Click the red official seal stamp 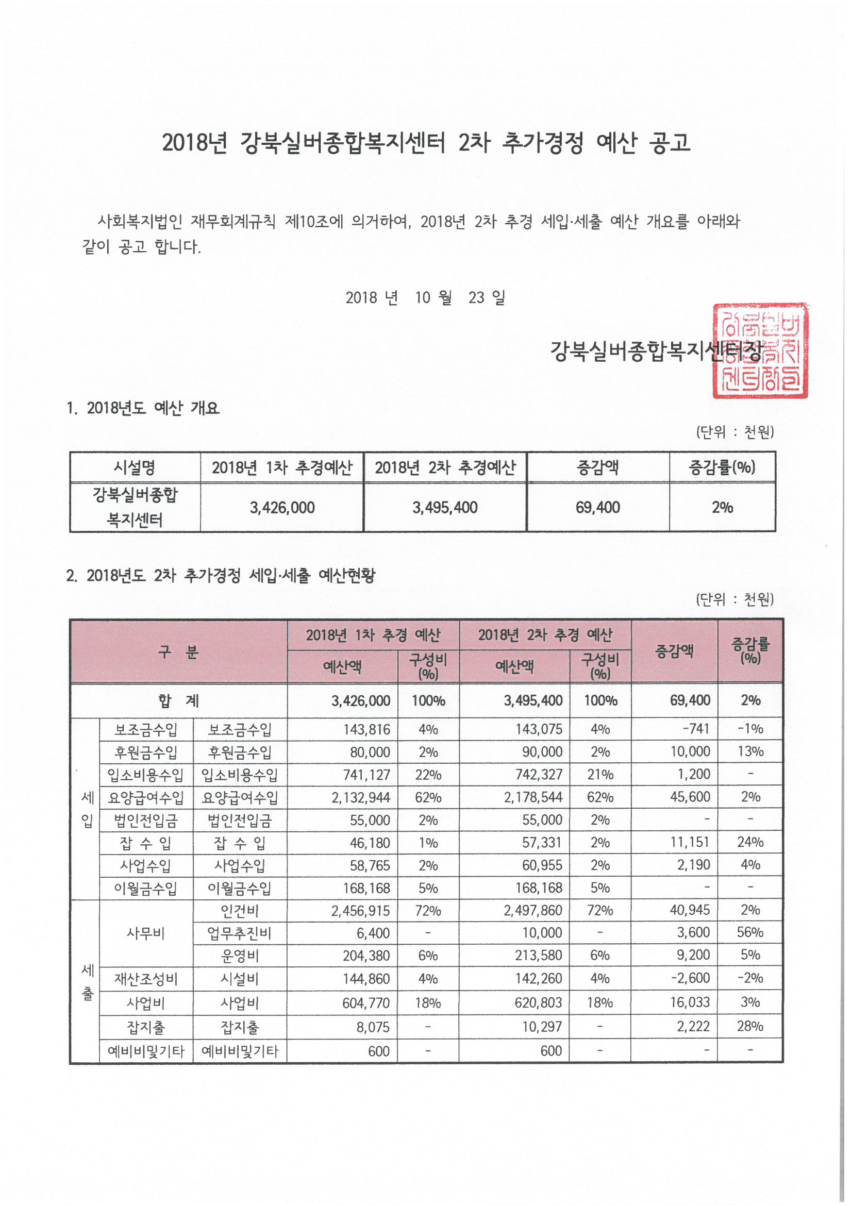point(760,350)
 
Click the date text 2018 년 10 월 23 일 point(425,298)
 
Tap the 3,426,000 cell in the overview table point(282,508)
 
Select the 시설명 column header point(135,467)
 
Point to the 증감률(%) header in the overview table point(722,467)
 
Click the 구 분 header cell point(178,652)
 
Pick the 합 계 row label point(178,700)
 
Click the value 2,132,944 point(361,798)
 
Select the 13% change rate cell point(750,751)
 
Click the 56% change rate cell point(750,933)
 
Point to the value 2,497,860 point(533,911)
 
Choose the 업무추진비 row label point(239,933)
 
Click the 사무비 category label point(146,933)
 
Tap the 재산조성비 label point(146,979)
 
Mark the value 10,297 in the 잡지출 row point(542,1027)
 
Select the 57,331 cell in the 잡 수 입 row point(542,843)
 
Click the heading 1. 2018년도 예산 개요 point(143,408)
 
